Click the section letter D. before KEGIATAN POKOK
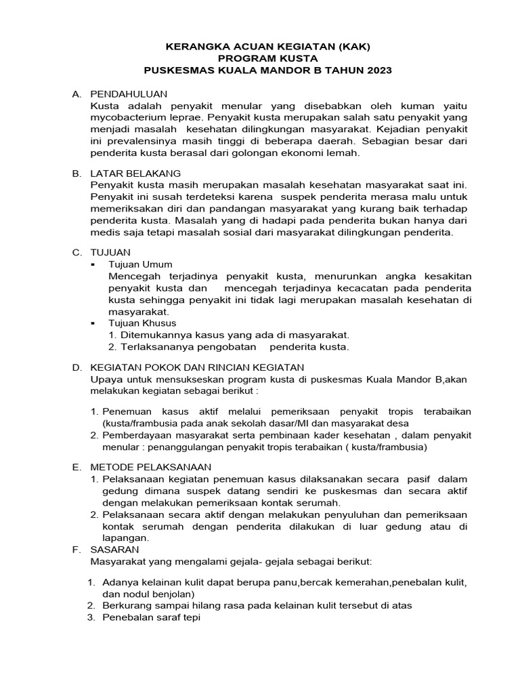tap(77, 367)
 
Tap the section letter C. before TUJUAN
tap(77, 252)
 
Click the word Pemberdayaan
tap(135, 435)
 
